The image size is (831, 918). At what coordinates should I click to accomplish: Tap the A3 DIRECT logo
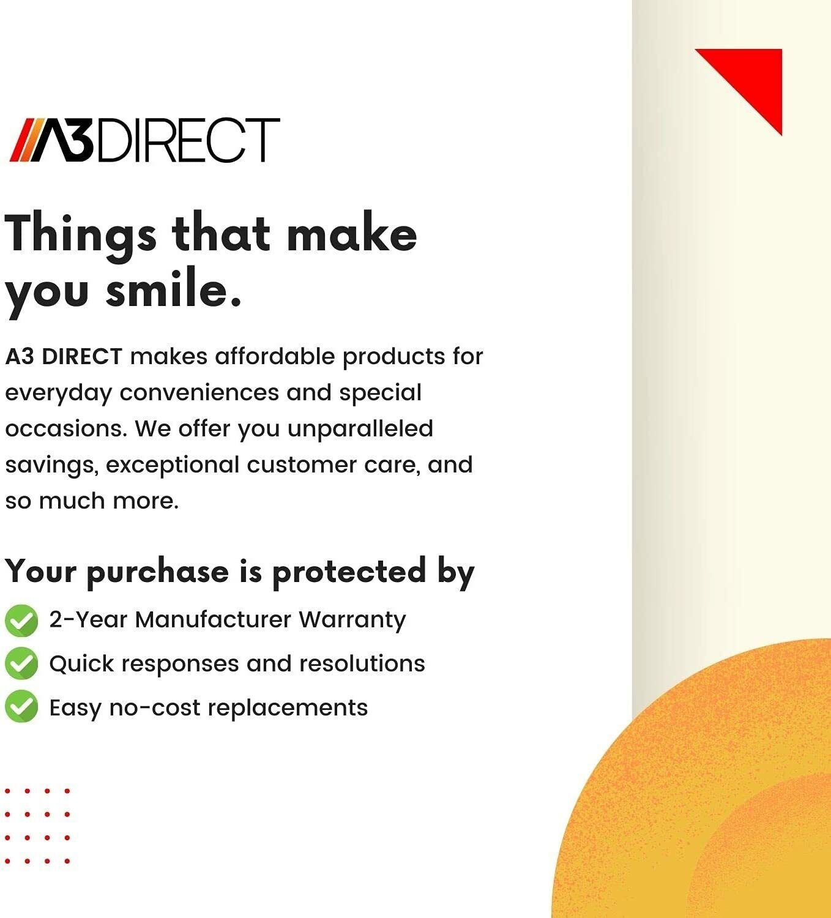[x=144, y=140]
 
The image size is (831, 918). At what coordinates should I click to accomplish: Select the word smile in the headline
[x=173, y=288]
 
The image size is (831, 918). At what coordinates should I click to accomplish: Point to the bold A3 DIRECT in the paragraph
[x=64, y=357]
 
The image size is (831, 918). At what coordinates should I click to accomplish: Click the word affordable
[x=275, y=356]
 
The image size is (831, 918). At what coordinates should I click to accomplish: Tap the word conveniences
[x=199, y=393]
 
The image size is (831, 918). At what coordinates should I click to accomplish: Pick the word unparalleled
[x=360, y=429]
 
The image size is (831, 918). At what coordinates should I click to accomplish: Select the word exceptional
[x=173, y=465]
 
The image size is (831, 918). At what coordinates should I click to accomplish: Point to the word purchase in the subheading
[x=157, y=572]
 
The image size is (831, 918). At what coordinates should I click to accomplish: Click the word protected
[x=349, y=572]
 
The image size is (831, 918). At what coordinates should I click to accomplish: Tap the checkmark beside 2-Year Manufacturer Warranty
[x=21, y=621]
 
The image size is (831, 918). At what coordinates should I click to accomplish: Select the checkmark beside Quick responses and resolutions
[x=21, y=663]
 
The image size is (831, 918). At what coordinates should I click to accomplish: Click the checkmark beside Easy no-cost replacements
[x=21, y=706]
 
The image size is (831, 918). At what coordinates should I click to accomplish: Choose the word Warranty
[x=352, y=621]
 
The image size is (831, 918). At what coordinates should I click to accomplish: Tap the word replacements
[x=288, y=709]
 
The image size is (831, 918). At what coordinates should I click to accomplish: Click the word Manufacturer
[x=213, y=619]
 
